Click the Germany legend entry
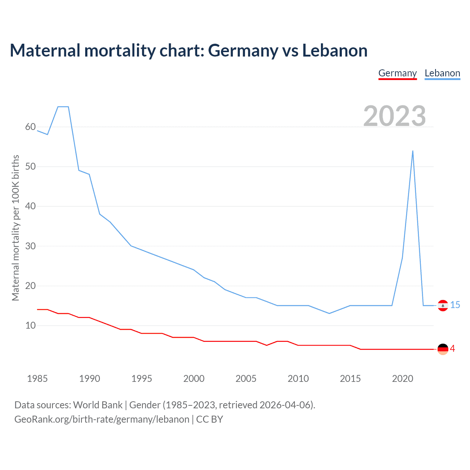[397, 73]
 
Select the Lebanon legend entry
[442, 73]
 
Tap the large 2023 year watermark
[394, 116]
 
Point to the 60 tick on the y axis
[30, 127]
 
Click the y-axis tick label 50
[30, 167]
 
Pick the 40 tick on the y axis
[30, 206]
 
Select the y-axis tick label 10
[30, 326]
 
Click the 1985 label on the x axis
[37, 379]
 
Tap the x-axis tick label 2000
[194, 379]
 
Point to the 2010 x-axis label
[298, 379]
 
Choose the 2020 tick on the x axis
[402, 379]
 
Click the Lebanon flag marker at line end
[443, 305]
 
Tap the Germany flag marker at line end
[443, 349]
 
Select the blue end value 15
[455, 305]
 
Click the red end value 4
[453, 349]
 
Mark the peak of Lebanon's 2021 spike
[413, 151]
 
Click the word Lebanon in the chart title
[335, 51]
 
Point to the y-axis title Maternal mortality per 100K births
[15, 228]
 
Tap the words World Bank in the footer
[98, 405]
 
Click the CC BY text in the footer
[210, 419]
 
